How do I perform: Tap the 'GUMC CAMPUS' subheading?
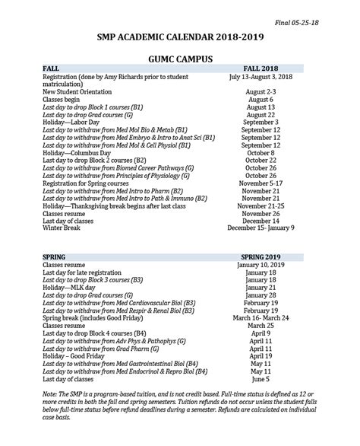pyautogui.click(x=180, y=57)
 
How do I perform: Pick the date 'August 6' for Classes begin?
pyautogui.click(x=261, y=100)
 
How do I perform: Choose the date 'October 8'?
pyautogui.click(x=261, y=152)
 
